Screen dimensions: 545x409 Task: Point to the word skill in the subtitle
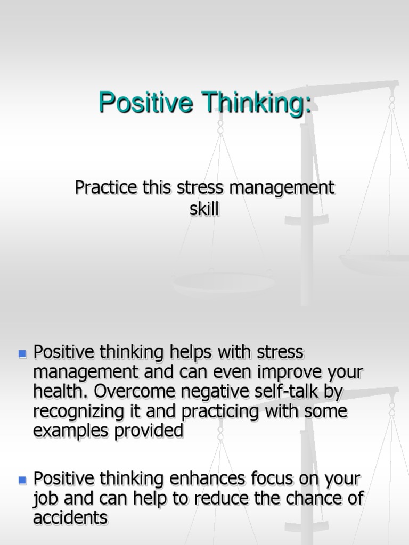click(204, 209)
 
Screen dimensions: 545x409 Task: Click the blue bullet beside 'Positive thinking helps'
click(22, 353)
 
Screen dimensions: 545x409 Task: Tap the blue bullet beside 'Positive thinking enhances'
click(22, 480)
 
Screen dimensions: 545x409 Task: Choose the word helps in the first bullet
click(192, 352)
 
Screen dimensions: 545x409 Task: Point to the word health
click(59, 392)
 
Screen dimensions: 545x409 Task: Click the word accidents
click(70, 518)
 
